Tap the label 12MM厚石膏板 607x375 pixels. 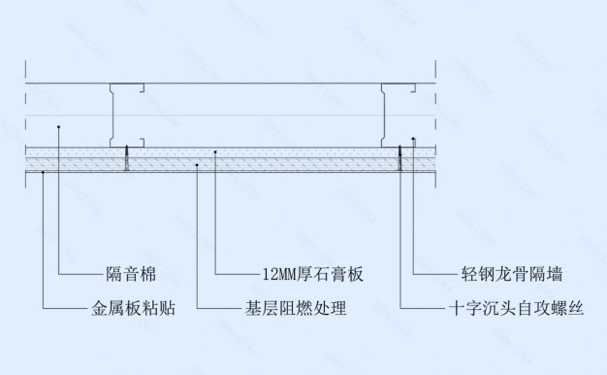pos(311,273)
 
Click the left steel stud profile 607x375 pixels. pos(120,114)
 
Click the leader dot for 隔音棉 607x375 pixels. pos(60,127)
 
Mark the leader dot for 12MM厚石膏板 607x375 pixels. pos(214,153)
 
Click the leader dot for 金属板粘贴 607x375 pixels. pos(44,171)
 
